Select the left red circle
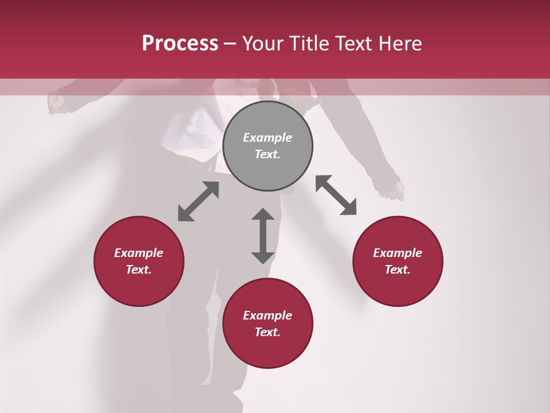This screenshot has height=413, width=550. [139, 261]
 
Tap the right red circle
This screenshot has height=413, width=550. [398, 261]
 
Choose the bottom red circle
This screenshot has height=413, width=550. [268, 324]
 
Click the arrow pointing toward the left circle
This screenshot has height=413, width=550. [198, 201]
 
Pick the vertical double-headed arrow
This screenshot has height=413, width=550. [263, 236]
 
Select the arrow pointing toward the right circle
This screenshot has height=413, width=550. [336, 195]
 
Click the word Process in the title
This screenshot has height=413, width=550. [180, 43]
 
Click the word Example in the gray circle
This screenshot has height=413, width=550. [268, 138]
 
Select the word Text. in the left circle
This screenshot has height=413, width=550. [139, 270]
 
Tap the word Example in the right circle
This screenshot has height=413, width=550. [398, 253]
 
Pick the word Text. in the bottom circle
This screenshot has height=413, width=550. [268, 332]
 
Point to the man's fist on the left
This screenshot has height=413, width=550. [56, 103]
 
